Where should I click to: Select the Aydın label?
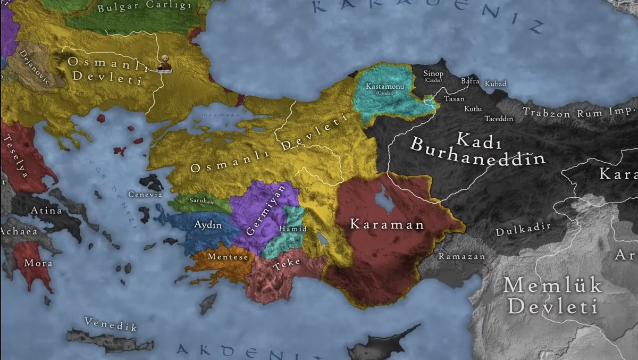click(208, 225)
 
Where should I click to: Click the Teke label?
click(286, 263)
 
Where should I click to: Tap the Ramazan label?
click(461, 256)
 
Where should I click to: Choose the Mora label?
click(39, 263)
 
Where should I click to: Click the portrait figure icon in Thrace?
click(164, 64)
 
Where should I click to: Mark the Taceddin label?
click(499, 119)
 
